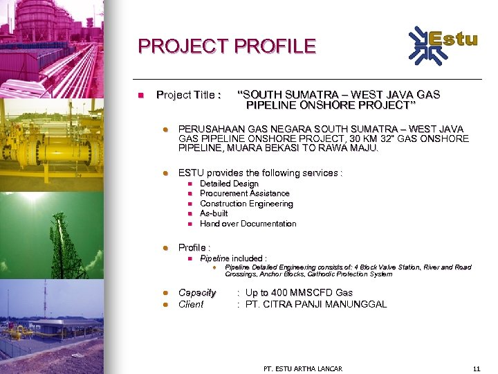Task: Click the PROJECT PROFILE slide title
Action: pos(226,46)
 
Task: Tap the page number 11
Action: pos(475,368)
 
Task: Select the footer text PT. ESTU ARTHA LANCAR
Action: pos(303,368)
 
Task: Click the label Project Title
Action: pos(188,95)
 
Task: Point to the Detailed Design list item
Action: pos(229,184)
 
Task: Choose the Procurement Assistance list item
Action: pos(244,194)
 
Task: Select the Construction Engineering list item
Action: pos(246,204)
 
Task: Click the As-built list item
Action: pos(214,213)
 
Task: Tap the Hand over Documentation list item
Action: pos(248,224)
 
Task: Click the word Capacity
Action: pos(197,293)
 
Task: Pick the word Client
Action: pos(191,304)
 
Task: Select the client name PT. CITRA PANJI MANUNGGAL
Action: pos(316,304)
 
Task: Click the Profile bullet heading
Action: pos(194,247)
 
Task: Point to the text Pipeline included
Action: pos(233,258)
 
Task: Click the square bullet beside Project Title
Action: pos(140,95)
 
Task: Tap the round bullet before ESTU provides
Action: pos(165,173)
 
